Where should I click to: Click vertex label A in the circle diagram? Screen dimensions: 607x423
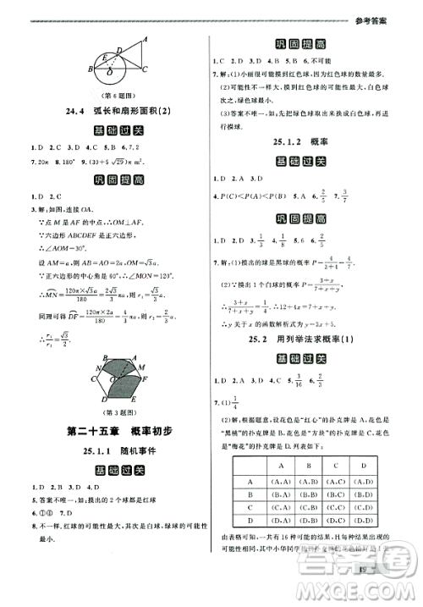(x=145, y=37)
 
